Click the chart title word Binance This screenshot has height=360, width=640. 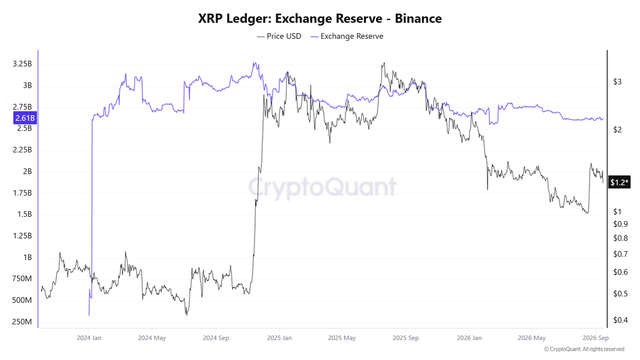(x=418, y=18)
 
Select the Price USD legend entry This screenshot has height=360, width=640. (x=279, y=36)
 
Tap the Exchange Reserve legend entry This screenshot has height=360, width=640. (x=347, y=36)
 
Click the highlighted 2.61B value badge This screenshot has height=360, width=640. (x=25, y=118)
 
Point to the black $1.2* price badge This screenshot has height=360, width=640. (x=619, y=182)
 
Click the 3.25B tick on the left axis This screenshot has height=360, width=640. (x=22, y=64)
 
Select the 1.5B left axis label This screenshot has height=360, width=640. (x=24, y=214)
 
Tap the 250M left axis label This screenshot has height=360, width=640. (x=22, y=322)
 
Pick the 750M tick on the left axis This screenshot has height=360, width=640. (x=22, y=279)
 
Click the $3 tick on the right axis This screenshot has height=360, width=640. (x=617, y=82)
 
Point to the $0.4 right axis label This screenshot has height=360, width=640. (x=621, y=320)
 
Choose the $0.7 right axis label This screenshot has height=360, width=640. (x=621, y=254)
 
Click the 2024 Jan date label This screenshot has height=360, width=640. (x=89, y=338)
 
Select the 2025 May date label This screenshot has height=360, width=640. (x=342, y=338)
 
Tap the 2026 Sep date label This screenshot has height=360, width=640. (x=596, y=338)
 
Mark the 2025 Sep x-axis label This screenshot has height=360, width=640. (x=405, y=338)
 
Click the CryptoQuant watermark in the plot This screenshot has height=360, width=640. (x=322, y=187)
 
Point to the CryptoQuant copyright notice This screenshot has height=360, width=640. (x=584, y=349)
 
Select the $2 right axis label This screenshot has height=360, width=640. (x=617, y=130)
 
